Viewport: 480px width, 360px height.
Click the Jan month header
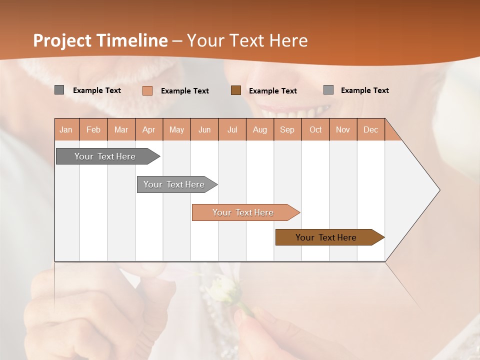point(66,129)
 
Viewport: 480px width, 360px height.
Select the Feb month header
point(93,129)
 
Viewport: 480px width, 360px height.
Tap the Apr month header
point(149,129)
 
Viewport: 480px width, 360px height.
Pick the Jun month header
point(204,129)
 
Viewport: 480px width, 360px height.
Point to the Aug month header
point(260,129)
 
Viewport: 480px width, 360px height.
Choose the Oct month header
point(315,129)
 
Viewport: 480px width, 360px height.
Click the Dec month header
point(371,129)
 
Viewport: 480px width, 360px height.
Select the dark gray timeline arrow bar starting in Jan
point(105,156)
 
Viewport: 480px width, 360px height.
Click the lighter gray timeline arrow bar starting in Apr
point(174,184)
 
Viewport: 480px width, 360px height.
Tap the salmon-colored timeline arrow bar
point(243,212)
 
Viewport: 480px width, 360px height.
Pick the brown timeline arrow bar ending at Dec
point(326,237)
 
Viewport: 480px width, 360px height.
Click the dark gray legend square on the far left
point(59,90)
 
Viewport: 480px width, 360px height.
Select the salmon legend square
point(147,90)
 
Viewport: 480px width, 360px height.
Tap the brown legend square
point(236,90)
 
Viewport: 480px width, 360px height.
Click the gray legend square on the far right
point(328,90)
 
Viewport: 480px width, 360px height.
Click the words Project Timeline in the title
point(100,40)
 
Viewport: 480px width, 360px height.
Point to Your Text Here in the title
point(247,40)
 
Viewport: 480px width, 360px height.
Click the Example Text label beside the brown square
point(272,91)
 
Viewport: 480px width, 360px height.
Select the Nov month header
point(343,129)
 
